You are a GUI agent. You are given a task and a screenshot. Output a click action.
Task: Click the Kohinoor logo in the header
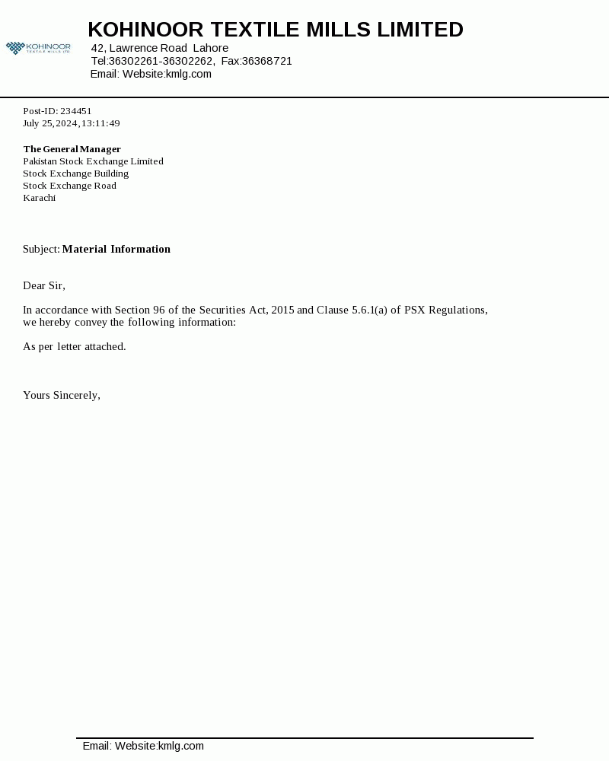(x=38, y=48)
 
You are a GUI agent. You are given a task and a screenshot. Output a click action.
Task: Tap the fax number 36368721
(x=267, y=61)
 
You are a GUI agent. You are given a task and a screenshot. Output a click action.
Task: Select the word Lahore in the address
(x=211, y=48)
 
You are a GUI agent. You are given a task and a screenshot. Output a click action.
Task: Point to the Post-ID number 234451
(x=76, y=111)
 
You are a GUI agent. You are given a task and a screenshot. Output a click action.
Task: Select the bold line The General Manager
(x=72, y=149)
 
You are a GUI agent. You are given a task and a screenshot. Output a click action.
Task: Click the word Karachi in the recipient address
(x=40, y=198)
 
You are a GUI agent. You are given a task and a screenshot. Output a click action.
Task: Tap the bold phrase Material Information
(x=116, y=249)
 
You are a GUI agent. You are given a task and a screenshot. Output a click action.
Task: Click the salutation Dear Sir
(x=44, y=285)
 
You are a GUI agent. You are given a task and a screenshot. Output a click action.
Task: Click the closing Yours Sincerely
(x=62, y=395)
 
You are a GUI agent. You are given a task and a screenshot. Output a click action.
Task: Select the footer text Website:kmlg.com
(x=159, y=746)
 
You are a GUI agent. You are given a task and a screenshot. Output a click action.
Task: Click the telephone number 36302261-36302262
(x=161, y=61)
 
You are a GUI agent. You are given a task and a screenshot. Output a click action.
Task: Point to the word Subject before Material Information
(x=41, y=249)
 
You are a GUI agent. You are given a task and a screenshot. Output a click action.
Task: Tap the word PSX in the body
(x=416, y=310)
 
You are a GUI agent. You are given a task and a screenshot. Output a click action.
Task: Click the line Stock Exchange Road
(x=70, y=186)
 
